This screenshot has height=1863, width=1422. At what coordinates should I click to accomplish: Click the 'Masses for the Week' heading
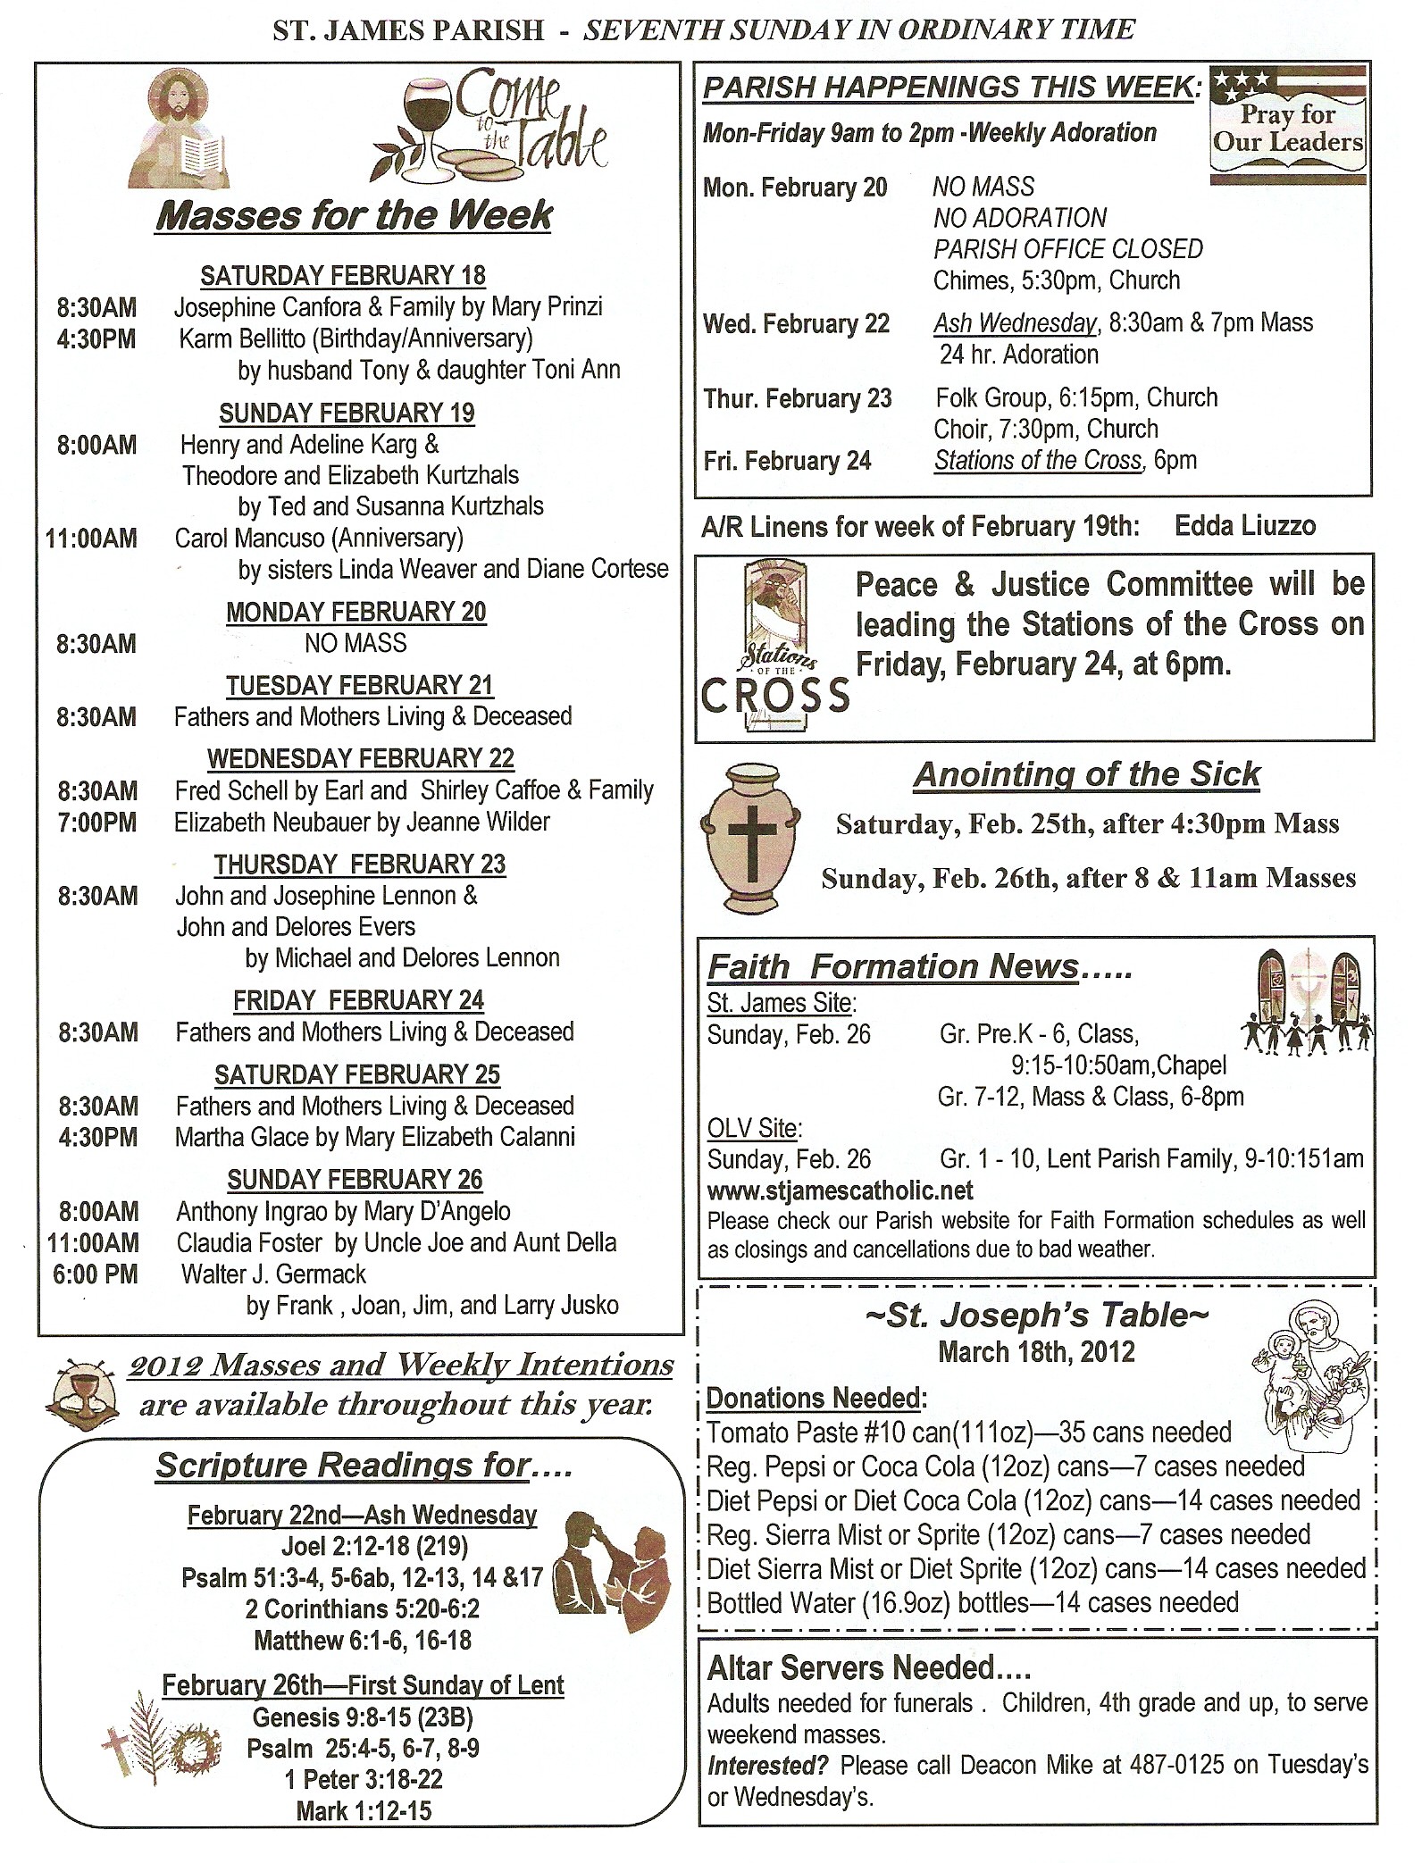pos(354,216)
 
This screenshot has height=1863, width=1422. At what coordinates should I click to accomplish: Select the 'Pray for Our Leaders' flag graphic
pos(1287,125)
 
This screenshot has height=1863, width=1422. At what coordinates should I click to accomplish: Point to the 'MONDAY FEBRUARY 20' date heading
pos(355,612)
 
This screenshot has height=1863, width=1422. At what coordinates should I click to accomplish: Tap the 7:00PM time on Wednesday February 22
pos(96,822)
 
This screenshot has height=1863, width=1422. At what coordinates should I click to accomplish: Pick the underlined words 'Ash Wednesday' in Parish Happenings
pos(1015,322)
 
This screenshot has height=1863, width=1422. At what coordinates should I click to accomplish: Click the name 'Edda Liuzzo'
pos(1244,525)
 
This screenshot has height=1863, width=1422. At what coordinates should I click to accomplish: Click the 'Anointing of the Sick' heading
pos(1086,774)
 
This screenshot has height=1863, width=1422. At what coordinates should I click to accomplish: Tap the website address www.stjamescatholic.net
pos(840,1190)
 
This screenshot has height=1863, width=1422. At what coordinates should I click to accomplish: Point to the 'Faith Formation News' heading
pos(893,966)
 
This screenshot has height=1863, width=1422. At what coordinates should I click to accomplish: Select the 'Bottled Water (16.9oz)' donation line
pos(972,1602)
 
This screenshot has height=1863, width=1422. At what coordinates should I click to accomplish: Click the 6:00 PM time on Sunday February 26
pos(95,1274)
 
